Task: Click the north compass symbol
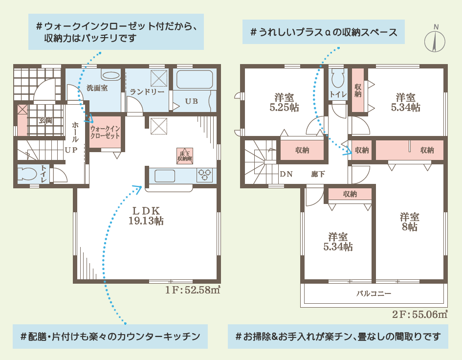[x=435, y=39]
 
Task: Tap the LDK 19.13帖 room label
[x=146, y=216]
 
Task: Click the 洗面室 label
[x=97, y=89]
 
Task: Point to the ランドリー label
[x=143, y=91]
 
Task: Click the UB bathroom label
[x=191, y=102]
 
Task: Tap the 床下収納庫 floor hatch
[x=185, y=156]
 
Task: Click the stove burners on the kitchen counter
[x=206, y=175]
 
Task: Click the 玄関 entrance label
[x=45, y=120]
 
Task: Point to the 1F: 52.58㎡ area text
[x=193, y=290]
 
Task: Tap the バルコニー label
[x=374, y=294]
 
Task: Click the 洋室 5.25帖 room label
[x=284, y=102]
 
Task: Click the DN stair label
[x=286, y=174]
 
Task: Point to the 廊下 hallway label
[x=318, y=174]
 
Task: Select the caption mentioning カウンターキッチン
[x=110, y=337]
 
